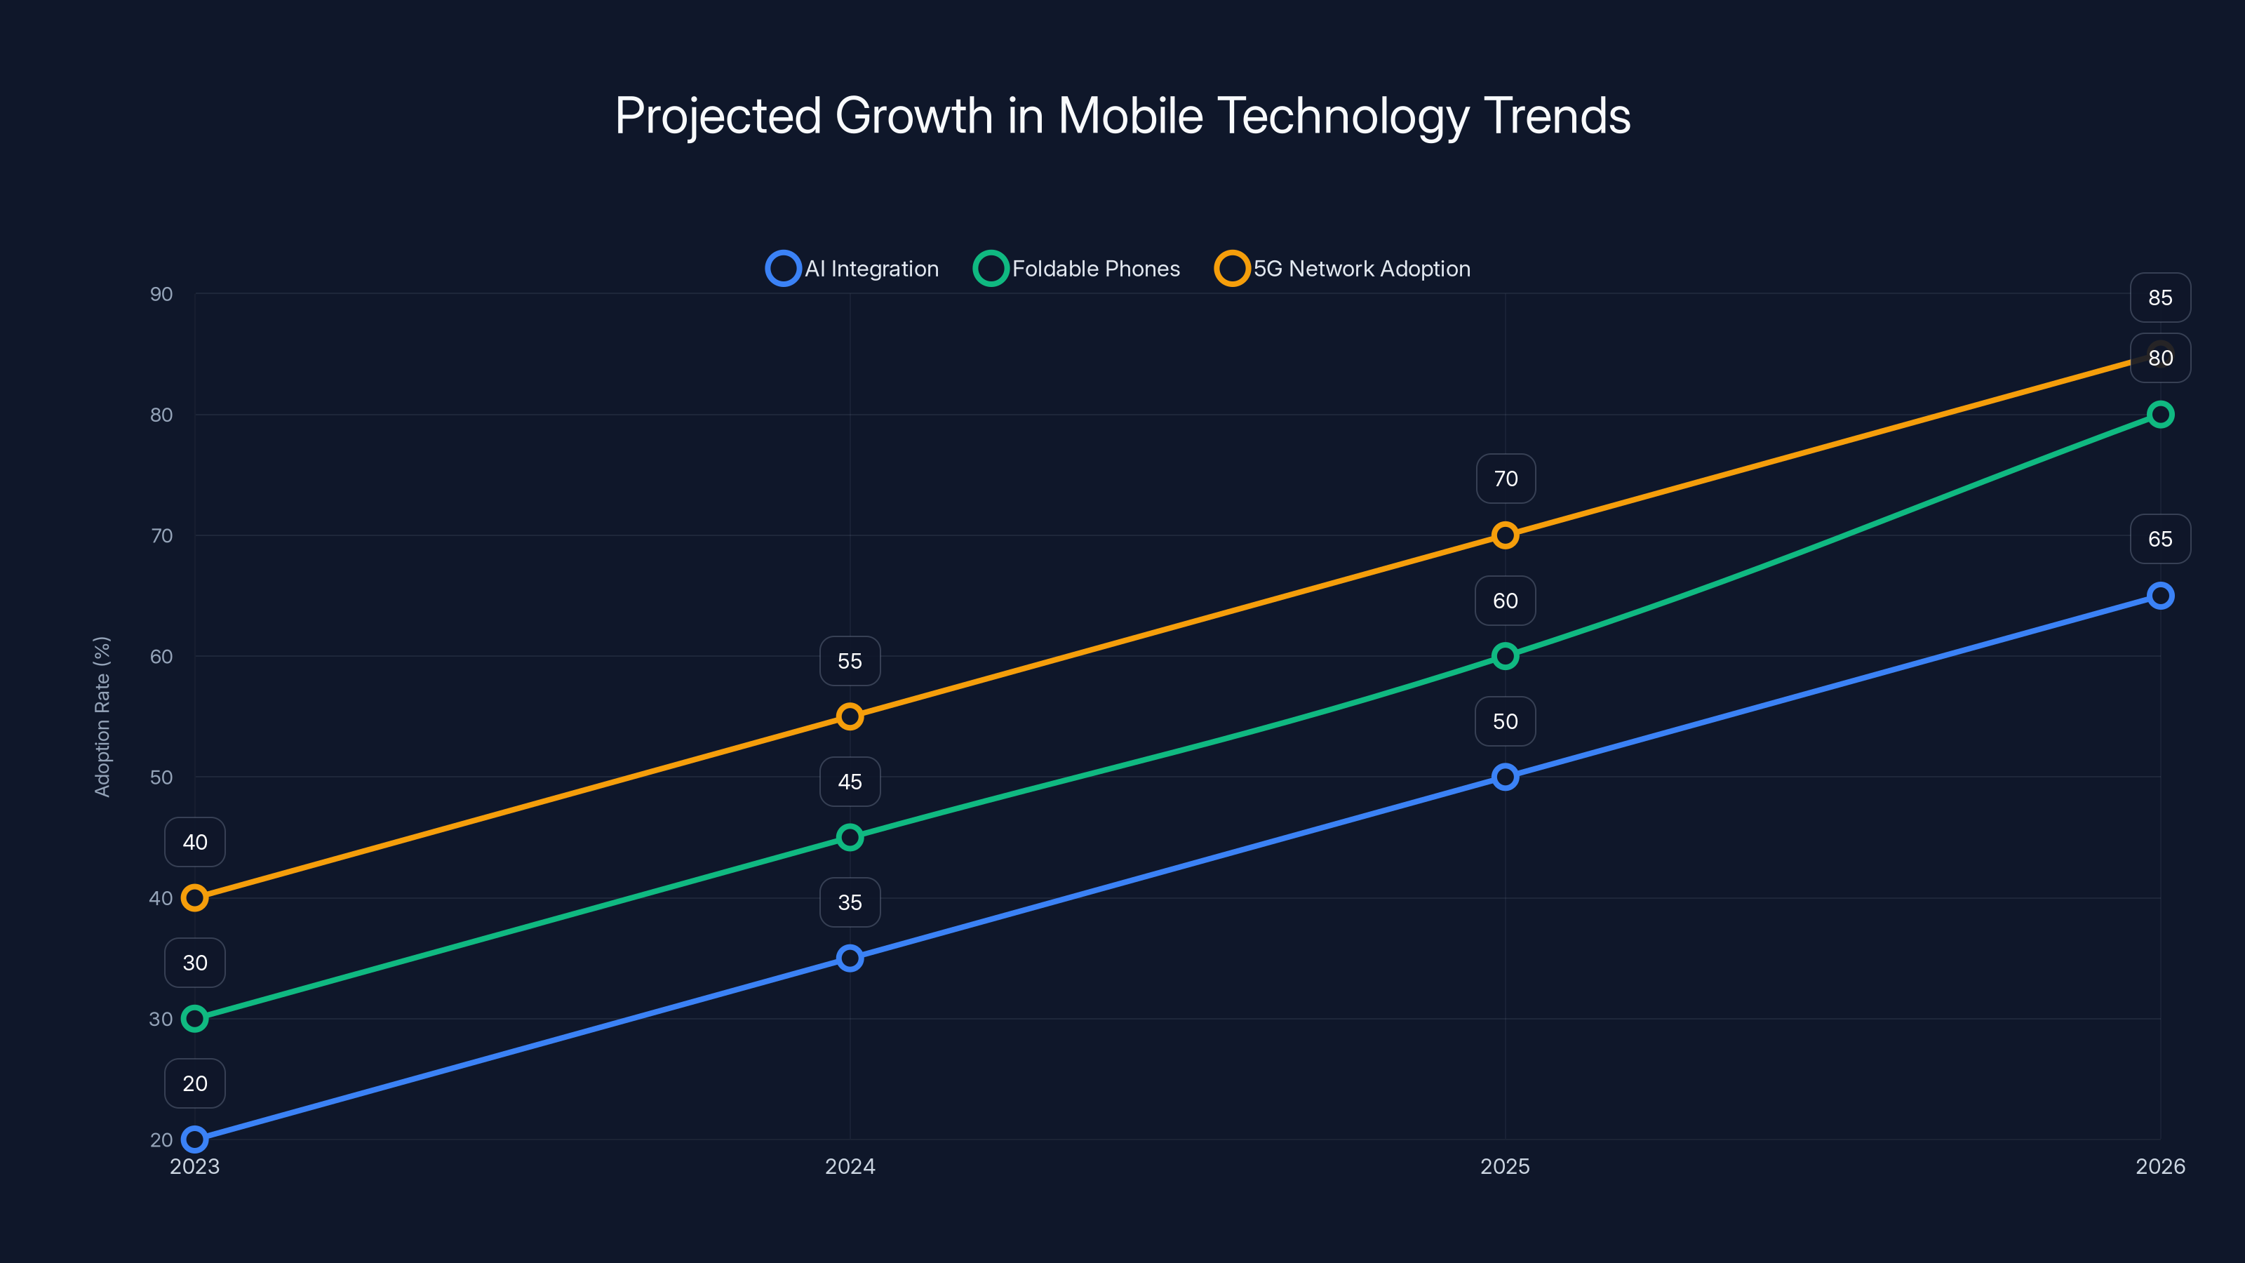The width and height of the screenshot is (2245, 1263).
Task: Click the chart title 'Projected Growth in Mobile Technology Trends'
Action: point(1122,116)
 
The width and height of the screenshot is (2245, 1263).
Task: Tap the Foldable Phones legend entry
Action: point(1076,269)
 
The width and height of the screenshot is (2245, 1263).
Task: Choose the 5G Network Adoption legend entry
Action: point(1342,269)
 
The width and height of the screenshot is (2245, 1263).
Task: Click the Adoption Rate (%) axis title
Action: point(102,716)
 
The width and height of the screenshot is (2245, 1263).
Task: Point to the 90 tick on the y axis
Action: point(161,294)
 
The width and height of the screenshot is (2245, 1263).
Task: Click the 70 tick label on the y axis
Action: point(161,535)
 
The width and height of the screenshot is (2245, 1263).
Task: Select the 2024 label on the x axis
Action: point(850,1166)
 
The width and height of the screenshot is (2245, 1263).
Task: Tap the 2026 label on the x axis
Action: point(2159,1166)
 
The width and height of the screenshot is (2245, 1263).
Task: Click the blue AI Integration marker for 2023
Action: point(194,1140)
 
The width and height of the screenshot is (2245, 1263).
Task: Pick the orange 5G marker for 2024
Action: point(850,716)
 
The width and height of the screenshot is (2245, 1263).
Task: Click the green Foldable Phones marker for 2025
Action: point(1505,655)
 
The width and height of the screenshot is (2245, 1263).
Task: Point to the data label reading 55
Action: point(850,661)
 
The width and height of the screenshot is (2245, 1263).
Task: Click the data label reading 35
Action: point(850,902)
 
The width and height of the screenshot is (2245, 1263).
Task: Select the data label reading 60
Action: point(1505,601)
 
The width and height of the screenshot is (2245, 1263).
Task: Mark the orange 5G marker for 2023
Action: point(194,898)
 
